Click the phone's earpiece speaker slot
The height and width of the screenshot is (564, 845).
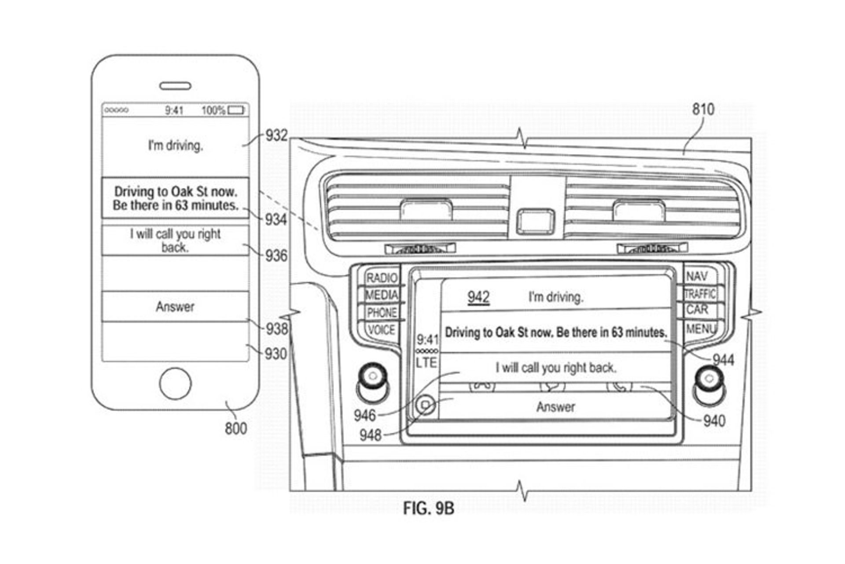pyautogui.click(x=175, y=86)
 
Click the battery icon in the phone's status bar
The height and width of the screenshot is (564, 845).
pyautogui.click(x=236, y=110)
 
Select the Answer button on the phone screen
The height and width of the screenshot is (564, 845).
pyautogui.click(x=175, y=307)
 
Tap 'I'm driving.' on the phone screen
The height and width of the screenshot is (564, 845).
pyautogui.click(x=175, y=145)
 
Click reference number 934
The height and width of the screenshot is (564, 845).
pyautogui.click(x=276, y=219)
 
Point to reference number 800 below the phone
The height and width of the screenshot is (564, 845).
pyautogui.click(x=235, y=428)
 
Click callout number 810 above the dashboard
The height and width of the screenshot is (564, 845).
pyautogui.click(x=703, y=109)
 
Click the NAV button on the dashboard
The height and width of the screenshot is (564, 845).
pyautogui.click(x=697, y=277)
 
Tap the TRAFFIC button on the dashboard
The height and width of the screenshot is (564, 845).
pyautogui.click(x=700, y=294)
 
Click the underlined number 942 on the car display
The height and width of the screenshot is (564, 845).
pyautogui.click(x=478, y=297)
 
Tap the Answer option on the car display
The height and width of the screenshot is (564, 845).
pyautogui.click(x=555, y=407)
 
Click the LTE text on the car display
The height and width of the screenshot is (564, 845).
pyautogui.click(x=426, y=363)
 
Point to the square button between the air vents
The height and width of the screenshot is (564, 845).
pyautogui.click(x=535, y=221)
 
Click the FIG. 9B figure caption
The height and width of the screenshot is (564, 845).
pyautogui.click(x=428, y=508)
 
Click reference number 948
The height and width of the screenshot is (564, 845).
pyautogui.click(x=370, y=435)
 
